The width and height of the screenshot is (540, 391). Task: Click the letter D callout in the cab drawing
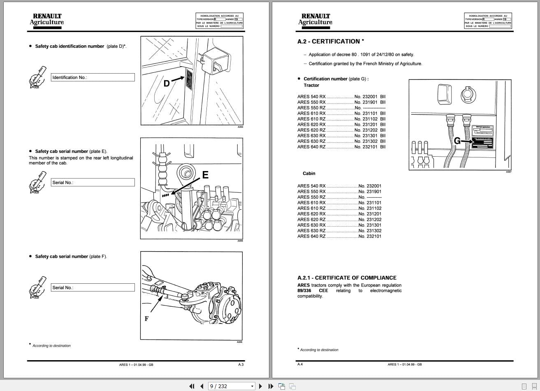[167, 83]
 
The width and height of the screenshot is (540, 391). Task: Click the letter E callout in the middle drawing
[205, 175]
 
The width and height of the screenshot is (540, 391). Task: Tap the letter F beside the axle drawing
[146, 319]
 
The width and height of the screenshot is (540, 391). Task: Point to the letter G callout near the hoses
[457, 141]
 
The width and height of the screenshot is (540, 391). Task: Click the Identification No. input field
[93, 77]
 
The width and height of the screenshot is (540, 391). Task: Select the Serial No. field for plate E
[93, 183]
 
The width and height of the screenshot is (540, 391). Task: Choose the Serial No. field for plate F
[93, 288]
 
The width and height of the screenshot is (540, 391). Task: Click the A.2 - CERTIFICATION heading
[331, 41]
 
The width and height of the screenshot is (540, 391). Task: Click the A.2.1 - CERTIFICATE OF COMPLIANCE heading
[347, 278]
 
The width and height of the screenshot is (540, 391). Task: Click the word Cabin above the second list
[309, 174]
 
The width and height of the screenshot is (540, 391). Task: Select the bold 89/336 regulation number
[304, 291]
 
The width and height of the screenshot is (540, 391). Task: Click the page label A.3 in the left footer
[241, 364]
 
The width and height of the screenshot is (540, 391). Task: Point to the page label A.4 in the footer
[300, 364]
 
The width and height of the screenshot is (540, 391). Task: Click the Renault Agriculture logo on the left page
[47, 20]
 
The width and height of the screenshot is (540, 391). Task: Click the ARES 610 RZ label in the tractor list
[311, 119]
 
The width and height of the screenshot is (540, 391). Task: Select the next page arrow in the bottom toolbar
[260, 386]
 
